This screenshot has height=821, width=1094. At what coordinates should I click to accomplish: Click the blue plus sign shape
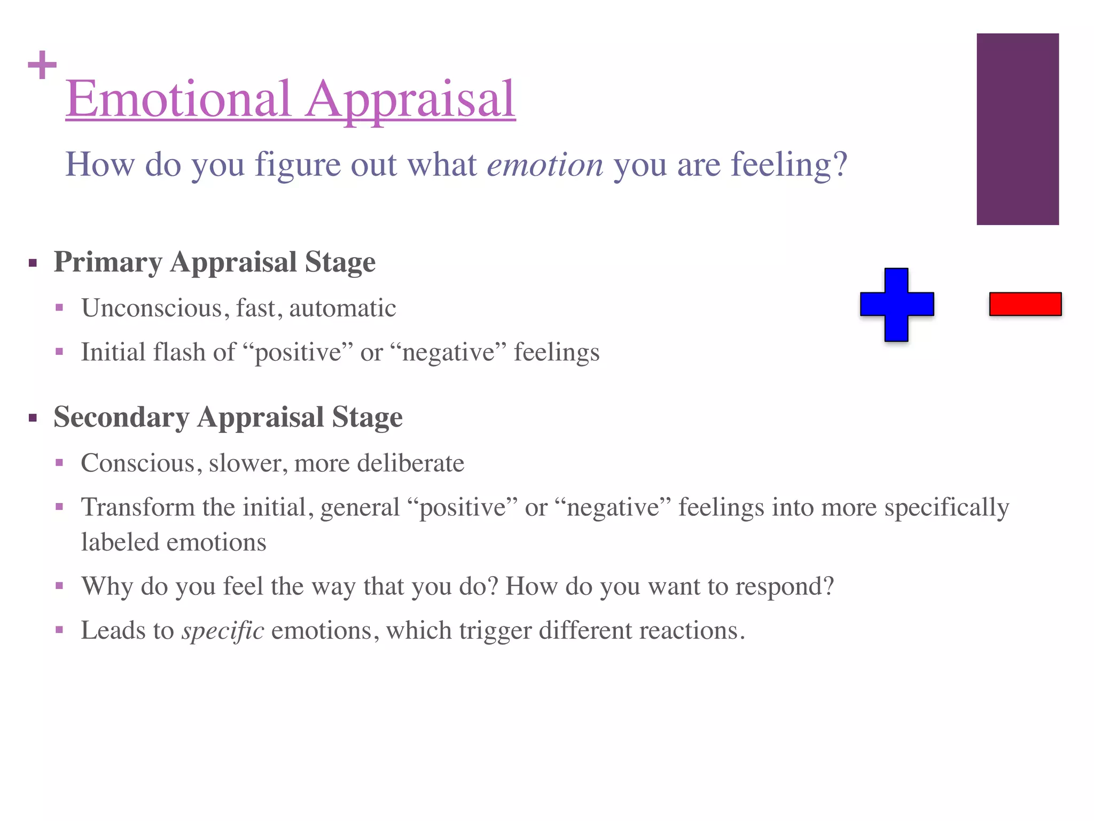pyautogui.click(x=897, y=304)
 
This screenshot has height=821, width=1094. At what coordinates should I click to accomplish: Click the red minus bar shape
pyautogui.click(x=1025, y=304)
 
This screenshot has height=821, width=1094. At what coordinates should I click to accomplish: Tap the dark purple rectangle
pyautogui.click(x=1018, y=129)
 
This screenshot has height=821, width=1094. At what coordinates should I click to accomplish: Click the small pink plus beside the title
pyautogui.click(x=42, y=65)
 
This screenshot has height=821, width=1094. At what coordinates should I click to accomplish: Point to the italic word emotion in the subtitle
pyautogui.click(x=545, y=165)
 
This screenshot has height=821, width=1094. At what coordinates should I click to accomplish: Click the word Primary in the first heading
pyautogui.click(x=108, y=262)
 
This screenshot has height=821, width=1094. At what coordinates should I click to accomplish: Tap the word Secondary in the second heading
pyautogui.click(x=121, y=417)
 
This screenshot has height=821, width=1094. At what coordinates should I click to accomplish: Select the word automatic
pyautogui.click(x=342, y=308)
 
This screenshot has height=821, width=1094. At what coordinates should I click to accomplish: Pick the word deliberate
pyautogui.click(x=410, y=463)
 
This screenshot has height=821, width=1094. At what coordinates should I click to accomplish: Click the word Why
pyautogui.click(x=107, y=586)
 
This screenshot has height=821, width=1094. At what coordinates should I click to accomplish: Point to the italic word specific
pyautogui.click(x=223, y=631)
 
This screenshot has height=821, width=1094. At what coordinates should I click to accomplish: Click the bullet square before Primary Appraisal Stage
pyautogui.click(x=33, y=263)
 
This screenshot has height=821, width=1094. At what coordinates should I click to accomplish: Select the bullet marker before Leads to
pyautogui.click(x=59, y=630)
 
